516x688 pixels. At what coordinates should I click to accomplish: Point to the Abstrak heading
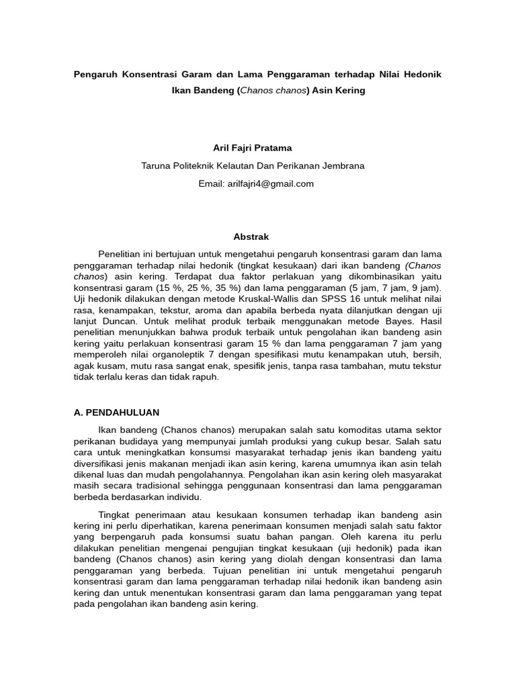[x=251, y=237]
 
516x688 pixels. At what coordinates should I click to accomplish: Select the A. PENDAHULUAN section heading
[x=116, y=412]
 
